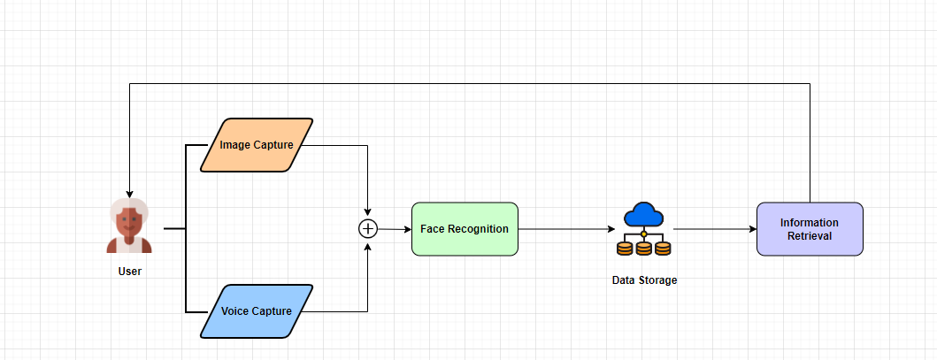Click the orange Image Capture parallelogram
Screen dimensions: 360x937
[257, 145]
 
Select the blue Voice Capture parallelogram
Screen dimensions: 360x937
[257, 311]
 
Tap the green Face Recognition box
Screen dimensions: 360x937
[465, 229]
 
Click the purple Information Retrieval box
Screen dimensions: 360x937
[810, 229]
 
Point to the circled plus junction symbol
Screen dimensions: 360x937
[368, 229]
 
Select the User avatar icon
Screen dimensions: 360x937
[129, 226]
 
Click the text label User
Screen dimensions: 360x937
[129, 272]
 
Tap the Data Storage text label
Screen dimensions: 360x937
[644, 280]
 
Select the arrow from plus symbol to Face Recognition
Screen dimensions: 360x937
[395, 229]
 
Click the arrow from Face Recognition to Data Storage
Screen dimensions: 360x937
[566, 229]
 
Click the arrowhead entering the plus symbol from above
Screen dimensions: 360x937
[368, 214]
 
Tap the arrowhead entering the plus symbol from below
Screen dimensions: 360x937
[368, 244]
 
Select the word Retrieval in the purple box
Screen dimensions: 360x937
[810, 236]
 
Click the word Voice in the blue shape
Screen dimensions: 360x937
[236, 311]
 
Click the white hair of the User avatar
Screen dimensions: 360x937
[129, 207]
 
